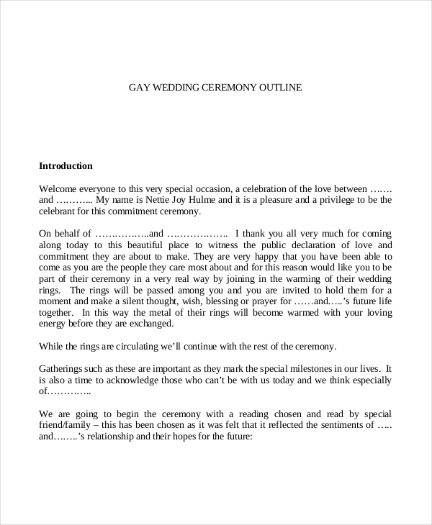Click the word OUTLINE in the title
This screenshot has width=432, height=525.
283,88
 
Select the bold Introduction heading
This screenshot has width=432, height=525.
66,166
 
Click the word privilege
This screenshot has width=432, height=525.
346,199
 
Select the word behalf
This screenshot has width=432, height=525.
70,233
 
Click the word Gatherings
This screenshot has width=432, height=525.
63,368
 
